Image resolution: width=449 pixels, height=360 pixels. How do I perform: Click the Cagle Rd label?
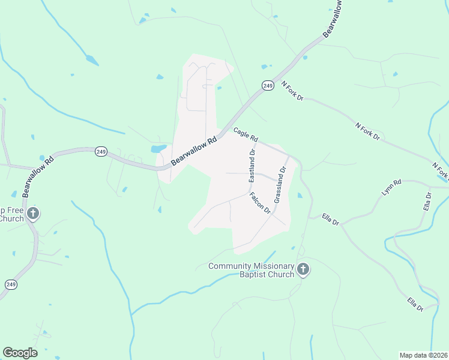point(246,135)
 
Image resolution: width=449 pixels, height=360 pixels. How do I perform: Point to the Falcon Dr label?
point(261,203)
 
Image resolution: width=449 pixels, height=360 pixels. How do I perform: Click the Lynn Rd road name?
point(391,187)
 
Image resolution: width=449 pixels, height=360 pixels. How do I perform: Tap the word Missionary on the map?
point(273,266)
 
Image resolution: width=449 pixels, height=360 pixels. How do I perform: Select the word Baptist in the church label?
point(253,275)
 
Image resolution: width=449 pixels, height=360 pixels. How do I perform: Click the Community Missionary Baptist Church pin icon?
point(303,270)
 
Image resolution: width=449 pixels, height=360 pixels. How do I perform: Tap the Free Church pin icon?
point(33,213)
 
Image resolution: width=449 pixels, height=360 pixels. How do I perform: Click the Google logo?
point(20,353)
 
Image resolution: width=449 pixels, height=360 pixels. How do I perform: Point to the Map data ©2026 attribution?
point(423,355)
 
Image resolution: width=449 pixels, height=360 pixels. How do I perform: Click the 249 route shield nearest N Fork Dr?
point(268,86)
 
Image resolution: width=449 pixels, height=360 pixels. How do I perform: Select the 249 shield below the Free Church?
point(11,284)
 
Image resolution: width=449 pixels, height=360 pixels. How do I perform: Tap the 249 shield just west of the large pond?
point(101,152)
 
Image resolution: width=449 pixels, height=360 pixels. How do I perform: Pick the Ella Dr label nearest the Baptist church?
point(331,218)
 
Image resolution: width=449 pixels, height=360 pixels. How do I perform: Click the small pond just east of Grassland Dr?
point(300,195)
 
